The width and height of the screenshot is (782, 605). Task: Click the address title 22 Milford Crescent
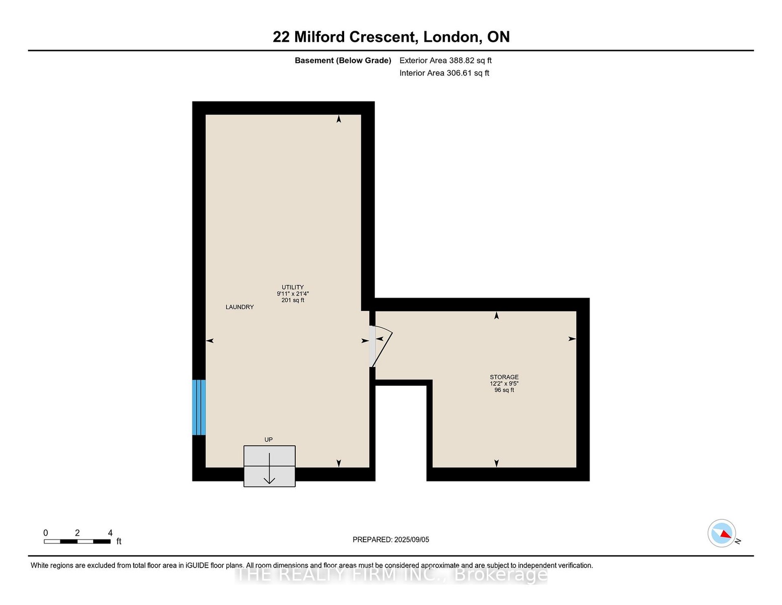click(345, 37)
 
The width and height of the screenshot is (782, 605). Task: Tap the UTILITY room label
click(293, 287)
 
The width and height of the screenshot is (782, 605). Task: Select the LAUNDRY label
click(240, 307)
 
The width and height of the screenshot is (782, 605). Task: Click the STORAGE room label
click(504, 377)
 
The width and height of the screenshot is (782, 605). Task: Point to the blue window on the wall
click(199, 407)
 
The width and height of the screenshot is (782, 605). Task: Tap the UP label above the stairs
click(269, 440)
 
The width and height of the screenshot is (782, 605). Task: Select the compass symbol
click(722, 533)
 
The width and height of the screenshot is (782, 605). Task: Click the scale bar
click(78, 541)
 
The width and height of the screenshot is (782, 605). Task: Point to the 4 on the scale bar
click(110, 533)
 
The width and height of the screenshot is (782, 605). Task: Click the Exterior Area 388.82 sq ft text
click(445, 60)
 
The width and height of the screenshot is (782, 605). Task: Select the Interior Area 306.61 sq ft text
click(444, 73)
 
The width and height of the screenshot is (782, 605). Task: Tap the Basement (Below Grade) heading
click(343, 60)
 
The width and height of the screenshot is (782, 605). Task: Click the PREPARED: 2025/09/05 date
click(391, 539)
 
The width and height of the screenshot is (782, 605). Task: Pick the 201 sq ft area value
click(293, 300)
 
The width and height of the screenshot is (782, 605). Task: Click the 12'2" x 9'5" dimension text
click(504, 384)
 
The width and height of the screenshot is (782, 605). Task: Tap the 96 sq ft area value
click(504, 390)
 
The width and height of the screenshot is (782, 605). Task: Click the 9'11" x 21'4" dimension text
click(293, 294)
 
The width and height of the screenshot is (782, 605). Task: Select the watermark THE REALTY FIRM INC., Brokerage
click(391, 575)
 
